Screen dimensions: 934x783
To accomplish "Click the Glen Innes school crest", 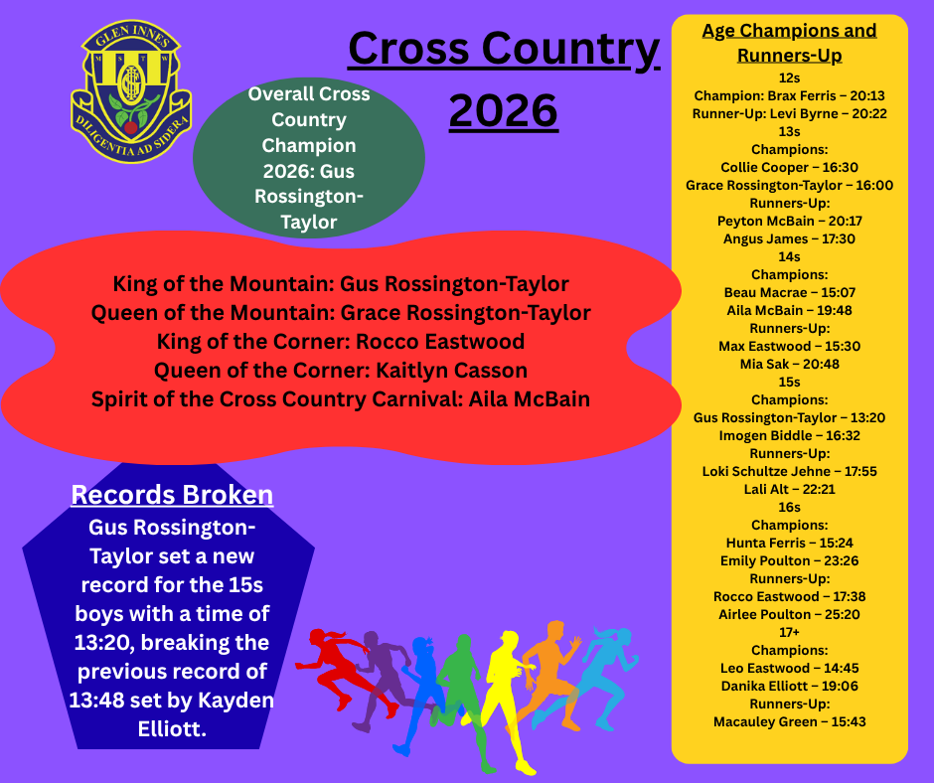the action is [131, 91].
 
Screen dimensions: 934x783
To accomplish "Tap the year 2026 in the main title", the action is [504, 110].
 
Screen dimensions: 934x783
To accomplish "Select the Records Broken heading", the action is [172, 495].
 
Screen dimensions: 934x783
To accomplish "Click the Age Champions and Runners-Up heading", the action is [789, 43].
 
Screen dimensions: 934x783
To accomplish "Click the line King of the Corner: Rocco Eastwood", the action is [341, 342].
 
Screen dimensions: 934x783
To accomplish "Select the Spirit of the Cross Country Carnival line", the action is [341, 399].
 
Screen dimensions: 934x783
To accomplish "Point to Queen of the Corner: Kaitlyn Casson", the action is [341, 371].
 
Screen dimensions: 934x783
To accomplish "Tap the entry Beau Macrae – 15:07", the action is [789, 292].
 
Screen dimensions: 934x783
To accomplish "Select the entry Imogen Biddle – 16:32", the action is [789, 435].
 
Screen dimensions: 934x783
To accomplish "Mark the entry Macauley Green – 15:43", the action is [789, 721].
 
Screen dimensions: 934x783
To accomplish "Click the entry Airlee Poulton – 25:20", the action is [789, 614].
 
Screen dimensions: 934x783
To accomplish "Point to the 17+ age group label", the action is [789, 632].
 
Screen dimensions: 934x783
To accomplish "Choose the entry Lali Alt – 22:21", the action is [789, 489].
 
